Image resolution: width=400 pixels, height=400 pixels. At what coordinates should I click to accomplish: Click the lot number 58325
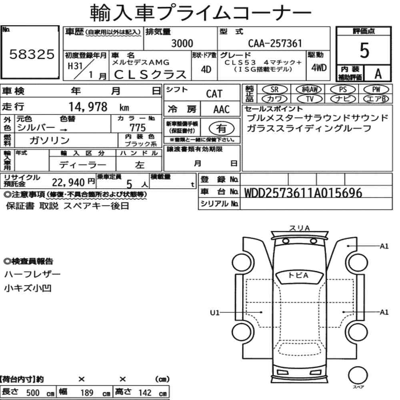click(x=32, y=54)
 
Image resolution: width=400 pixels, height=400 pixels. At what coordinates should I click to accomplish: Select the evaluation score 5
click(x=364, y=50)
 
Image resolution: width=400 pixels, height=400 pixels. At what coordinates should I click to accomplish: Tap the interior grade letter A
click(x=378, y=74)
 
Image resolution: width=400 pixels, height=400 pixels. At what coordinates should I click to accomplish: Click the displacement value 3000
click(x=182, y=43)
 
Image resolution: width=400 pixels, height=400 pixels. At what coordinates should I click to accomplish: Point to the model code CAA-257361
click(x=275, y=43)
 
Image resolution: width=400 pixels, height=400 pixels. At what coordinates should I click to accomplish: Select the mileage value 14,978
click(x=88, y=107)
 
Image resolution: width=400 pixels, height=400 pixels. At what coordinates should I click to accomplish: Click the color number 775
click(x=138, y=128)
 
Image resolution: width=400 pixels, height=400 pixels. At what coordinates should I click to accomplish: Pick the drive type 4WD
click(x=319, y=68)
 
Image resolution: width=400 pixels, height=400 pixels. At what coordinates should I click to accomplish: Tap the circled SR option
click(x=275, y=90)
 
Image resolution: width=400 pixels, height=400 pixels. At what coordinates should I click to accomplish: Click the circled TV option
click(x=310, y=99)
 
